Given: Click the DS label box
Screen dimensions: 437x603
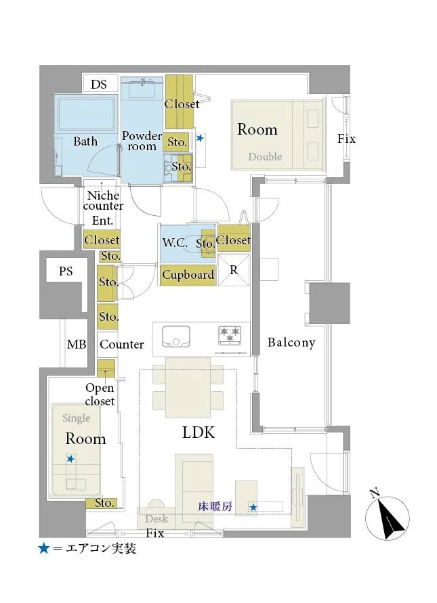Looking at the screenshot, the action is (99, 84).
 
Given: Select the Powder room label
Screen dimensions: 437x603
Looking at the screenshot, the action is (142, 141).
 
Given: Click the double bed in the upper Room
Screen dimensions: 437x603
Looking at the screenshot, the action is (278, 135).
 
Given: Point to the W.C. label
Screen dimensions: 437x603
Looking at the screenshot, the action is (175, 243).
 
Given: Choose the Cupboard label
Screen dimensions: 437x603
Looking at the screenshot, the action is (188, 275).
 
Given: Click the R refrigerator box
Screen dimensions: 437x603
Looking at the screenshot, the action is (234, 270).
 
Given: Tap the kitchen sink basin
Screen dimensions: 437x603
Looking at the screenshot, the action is (176, 336).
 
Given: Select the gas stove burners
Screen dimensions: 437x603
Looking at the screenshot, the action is (230, 334).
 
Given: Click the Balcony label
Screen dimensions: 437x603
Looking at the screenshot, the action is (291, 342).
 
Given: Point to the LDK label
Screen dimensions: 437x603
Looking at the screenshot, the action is (199, 432).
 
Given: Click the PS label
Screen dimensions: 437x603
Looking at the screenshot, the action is (66, 271).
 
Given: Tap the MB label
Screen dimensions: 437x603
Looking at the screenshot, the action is (77, 344).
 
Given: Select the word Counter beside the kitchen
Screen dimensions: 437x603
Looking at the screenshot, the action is (122, 344).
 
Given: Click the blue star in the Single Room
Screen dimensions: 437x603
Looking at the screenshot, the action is (70, 459).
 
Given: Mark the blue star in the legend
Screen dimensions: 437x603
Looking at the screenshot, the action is (44, 548).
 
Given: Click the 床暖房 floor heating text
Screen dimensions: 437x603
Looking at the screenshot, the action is (215, 506).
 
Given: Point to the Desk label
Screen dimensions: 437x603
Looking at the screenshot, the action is (157, 519).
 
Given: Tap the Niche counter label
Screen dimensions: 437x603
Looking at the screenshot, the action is (103, 200).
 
